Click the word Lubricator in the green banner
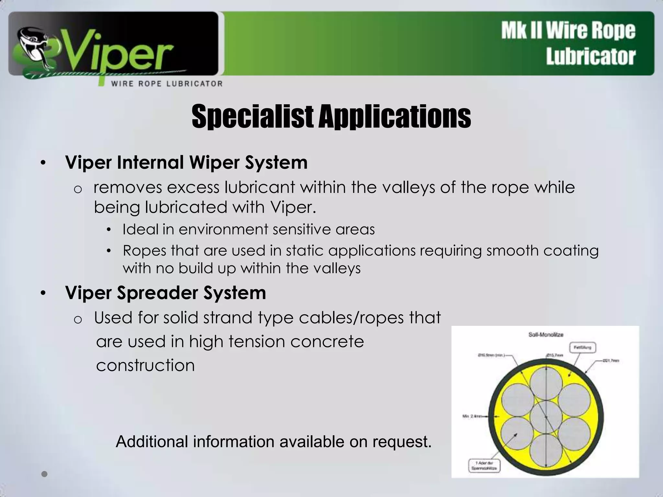click(591, 57)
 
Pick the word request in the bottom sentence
click(401, 442)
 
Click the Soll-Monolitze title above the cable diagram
click(546, 335)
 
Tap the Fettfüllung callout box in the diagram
click(582, 348)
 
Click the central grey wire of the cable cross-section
click(546, 417)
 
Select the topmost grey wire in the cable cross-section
click(546, 384)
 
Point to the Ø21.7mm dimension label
click(611, 360)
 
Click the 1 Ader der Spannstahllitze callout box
click(484, 466)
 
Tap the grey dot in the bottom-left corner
click(44, 474)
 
